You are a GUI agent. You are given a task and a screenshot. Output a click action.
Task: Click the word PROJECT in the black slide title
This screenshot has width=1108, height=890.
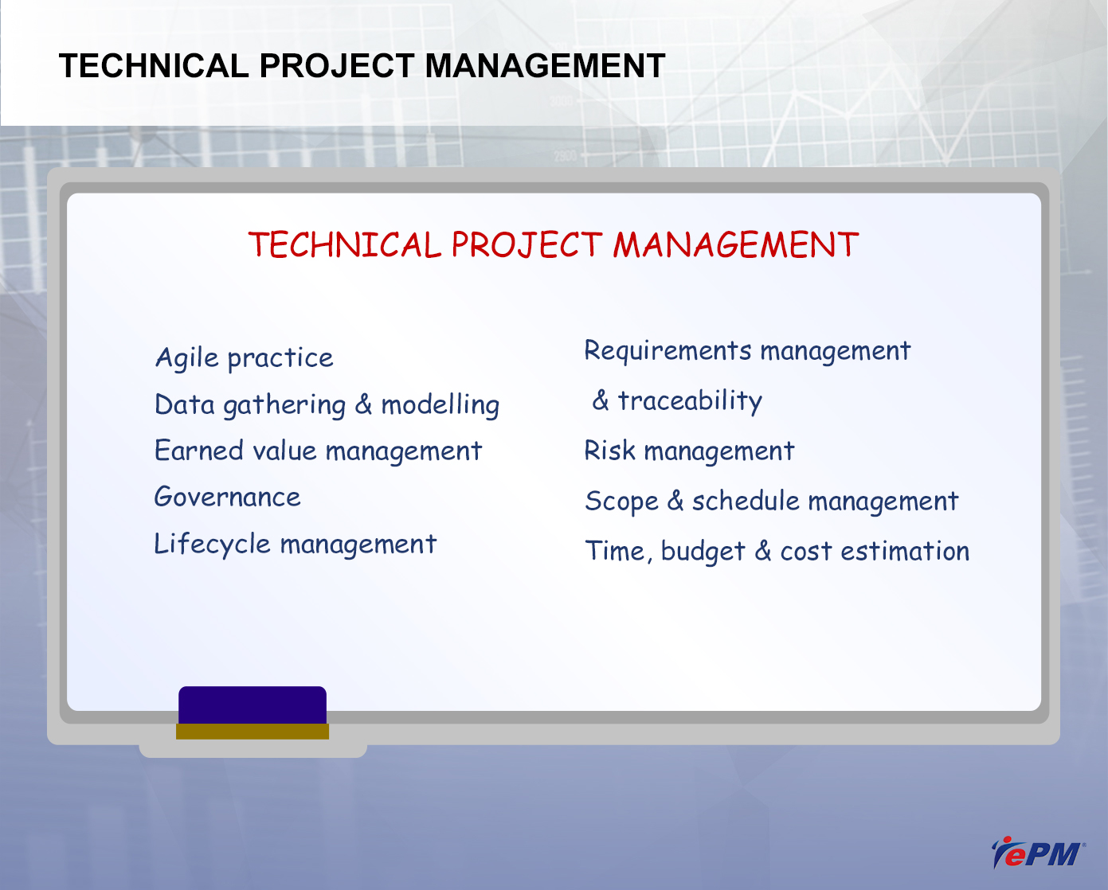337,66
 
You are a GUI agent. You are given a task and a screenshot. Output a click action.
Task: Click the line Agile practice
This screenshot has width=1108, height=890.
244,358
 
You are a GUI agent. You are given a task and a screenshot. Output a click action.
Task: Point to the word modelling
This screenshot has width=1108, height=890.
440,405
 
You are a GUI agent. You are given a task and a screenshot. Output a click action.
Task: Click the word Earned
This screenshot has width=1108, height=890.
199,451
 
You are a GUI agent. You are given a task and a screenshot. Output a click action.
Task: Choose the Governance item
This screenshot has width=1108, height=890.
227,497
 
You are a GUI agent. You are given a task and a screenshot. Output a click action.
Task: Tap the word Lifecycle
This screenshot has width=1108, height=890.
212,545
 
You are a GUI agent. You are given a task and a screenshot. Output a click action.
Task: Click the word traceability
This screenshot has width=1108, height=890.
690,401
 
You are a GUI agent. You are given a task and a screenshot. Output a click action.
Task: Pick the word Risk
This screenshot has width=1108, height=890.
609,451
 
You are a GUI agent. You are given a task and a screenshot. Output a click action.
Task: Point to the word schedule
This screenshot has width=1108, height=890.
746,501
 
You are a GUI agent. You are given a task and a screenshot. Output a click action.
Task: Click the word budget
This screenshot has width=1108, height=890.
703,552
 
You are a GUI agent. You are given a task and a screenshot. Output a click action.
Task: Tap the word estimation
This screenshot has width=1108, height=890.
905,551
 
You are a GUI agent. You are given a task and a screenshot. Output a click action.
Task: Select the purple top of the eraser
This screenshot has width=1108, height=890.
253,705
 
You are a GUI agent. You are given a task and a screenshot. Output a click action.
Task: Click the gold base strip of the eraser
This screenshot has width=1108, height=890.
253,732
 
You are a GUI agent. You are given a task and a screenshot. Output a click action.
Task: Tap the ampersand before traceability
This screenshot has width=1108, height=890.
601,400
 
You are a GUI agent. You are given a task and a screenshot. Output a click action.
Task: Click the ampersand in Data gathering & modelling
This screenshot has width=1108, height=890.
363,404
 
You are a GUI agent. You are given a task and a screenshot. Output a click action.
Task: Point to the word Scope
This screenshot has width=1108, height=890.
621,502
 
